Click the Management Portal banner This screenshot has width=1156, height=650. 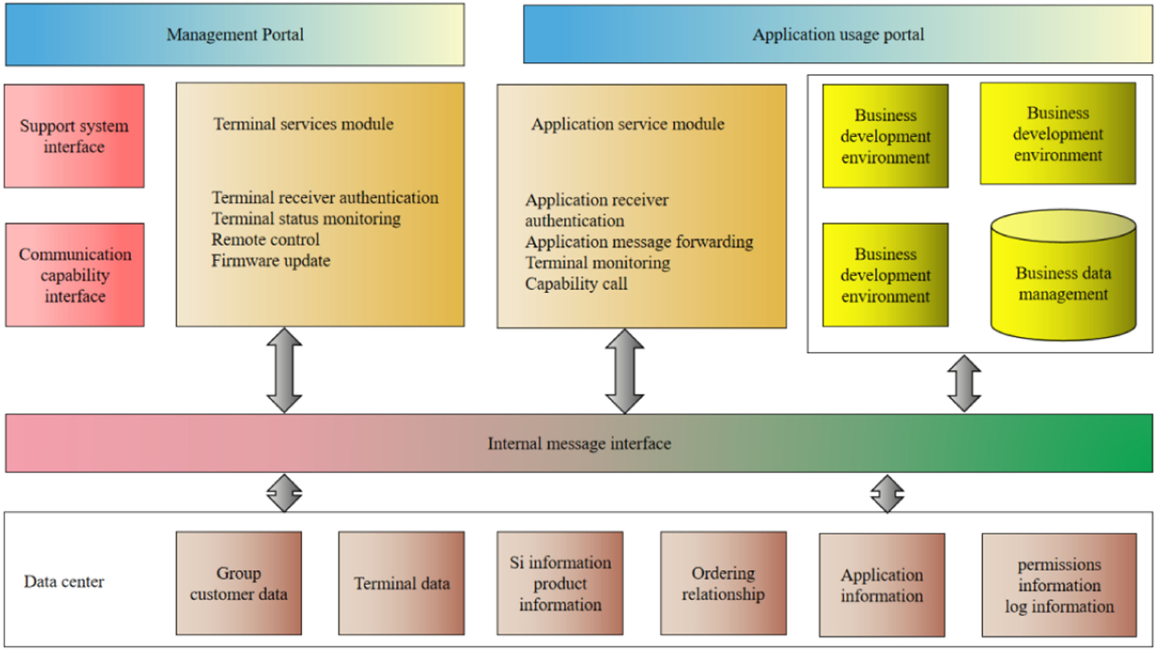point(235,34)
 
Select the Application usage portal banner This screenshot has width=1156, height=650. point(837,34)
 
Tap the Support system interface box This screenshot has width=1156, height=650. point(74,136)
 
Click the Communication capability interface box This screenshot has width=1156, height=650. point(75,275)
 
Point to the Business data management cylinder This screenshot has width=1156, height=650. point(1063,283)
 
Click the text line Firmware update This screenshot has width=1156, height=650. point(271,261)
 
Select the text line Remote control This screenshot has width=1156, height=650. point(265,240)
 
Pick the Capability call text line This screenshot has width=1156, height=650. point(576,284)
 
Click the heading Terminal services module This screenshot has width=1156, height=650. point(303,124)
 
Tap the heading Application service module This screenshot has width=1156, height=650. point(627,124)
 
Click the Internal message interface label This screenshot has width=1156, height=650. point(579,444)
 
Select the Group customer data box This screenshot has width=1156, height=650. point(239,583)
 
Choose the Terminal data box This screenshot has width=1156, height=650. point(401,583)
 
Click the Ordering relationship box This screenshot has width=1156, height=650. point(723,583)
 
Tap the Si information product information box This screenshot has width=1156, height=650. point(560,583)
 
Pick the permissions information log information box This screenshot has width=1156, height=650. point(1059,585)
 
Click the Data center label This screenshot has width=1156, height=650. point(64,582)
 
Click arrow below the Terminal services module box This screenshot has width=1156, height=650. point(284,370)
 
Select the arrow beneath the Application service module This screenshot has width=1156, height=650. point(625,371)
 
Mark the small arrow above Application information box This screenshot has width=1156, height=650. point(887,493)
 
